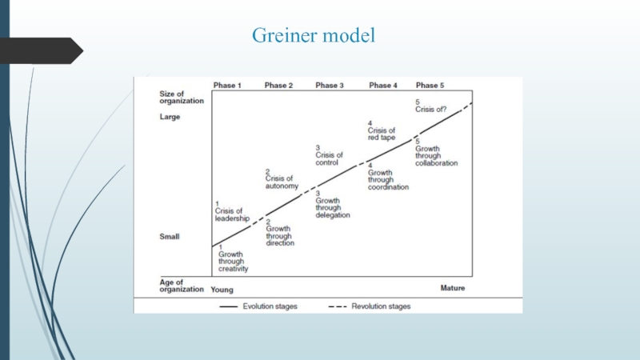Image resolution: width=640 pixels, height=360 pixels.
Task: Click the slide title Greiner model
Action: [314, 36]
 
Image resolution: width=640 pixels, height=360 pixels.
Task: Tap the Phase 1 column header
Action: [227, 85]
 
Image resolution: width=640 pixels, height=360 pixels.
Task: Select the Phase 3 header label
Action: [329, 85]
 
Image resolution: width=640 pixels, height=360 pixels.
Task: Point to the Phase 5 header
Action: [430, 85]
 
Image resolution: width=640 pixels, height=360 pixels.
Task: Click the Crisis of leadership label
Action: [232, 211]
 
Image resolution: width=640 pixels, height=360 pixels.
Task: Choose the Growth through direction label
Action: [280, 235]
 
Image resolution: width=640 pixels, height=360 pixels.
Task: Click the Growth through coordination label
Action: [388, 179]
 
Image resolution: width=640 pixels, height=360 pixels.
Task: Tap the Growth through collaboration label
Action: [436, 155]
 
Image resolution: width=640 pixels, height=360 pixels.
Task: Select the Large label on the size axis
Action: [170, 117]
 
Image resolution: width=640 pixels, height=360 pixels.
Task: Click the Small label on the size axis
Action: [170, 236]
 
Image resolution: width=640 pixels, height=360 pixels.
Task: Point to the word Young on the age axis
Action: [223, 288]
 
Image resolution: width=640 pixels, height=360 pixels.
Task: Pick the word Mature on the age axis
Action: [452, 288]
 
